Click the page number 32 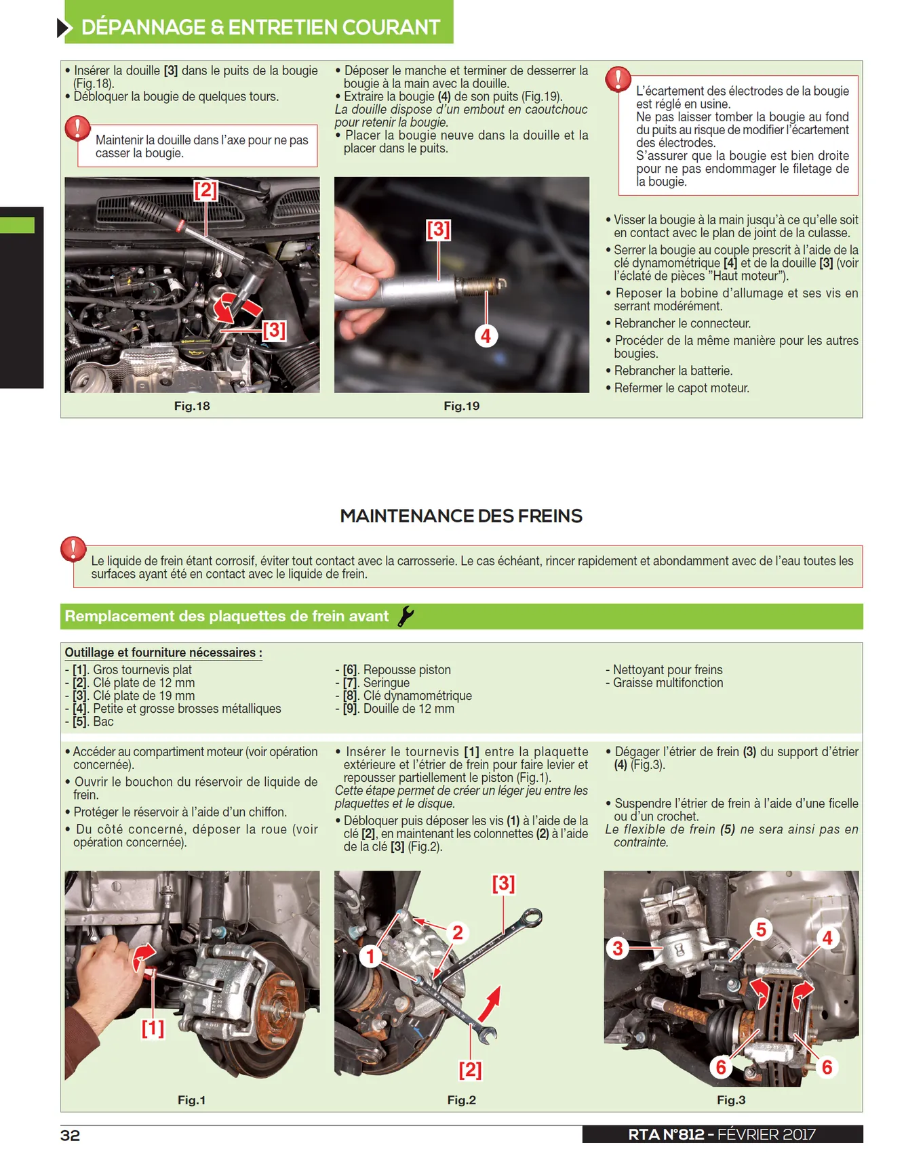pos(70,1135)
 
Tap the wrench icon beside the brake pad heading pos(406,616)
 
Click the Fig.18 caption pos(192,406)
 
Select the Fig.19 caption pos(461,406)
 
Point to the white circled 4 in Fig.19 pos(486,335)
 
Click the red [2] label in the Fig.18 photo pos(205,190)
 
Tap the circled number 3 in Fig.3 pos(617,948)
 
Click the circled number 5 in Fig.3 pos(761,930)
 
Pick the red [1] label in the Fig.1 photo pos(153,1028)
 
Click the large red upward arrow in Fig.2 pos(490,1003)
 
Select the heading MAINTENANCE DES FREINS pos(461,516)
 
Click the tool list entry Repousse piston pos(397,670)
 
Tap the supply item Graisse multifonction pos(668,683)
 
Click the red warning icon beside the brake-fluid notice pos(73,549)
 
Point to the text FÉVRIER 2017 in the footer pos(766,1135)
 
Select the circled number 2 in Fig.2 pos(458,933)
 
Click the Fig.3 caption pos(731,1100)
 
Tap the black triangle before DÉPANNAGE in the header pos(64,28)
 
